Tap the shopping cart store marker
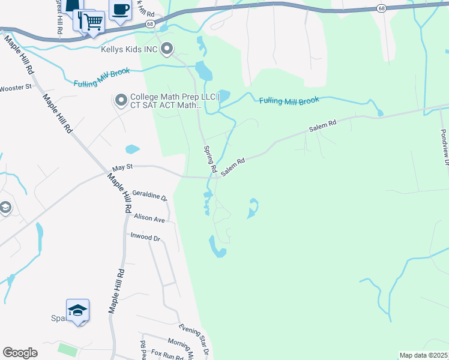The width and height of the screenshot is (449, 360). [x=92, y=23]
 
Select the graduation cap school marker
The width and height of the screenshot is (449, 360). [x=77, y=311]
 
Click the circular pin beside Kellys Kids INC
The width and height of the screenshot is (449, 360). [x=167, y=49]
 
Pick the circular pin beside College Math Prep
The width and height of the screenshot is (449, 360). [x=121, y=100]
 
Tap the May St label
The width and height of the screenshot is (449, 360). [x=121, y=169]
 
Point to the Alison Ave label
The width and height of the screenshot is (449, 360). [x=149, y=220]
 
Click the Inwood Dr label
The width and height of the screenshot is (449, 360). [x=146, y=238]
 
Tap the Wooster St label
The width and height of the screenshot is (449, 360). [x=16, y=88]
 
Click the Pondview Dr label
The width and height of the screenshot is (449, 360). [x=444, y=147]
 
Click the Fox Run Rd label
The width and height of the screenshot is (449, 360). [x=167, y=355]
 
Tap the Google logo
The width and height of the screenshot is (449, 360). [x=20, y=353]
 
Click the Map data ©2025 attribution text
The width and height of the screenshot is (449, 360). [x=424, y=355]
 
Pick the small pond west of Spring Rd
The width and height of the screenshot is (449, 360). [x=132, y=149]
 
